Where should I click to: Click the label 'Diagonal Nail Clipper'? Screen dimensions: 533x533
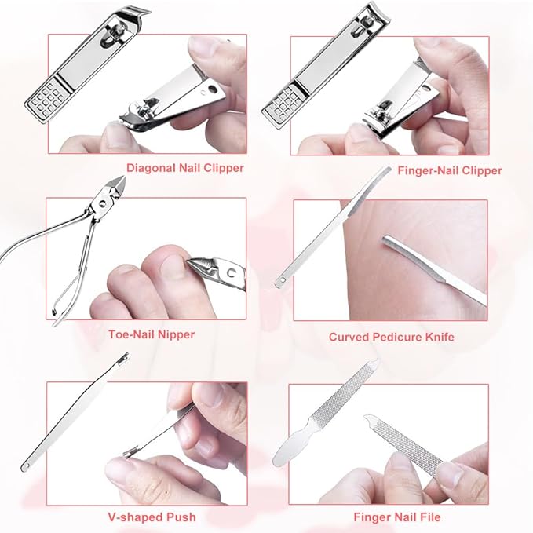coord(185,167)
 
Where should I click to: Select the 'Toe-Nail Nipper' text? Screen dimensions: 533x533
coord(152,334)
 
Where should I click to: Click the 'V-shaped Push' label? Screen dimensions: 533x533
coord(152,517)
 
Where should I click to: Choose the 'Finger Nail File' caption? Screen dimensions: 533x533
coord(396,517)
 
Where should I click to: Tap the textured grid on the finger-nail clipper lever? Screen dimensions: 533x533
coord(284,99)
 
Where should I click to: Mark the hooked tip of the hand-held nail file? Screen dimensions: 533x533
coord(367,420)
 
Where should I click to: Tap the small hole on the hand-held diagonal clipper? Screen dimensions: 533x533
coord(209,90)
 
